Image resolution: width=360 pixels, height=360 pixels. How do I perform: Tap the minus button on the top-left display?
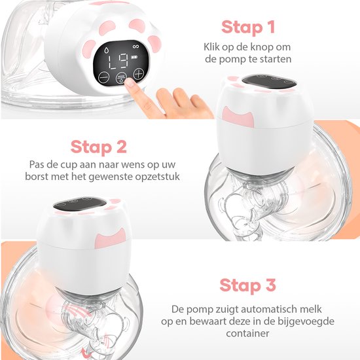point(104,76)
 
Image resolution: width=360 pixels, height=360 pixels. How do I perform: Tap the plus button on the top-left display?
point(138,73)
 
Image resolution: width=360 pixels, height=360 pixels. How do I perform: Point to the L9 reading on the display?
point(116,62)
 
